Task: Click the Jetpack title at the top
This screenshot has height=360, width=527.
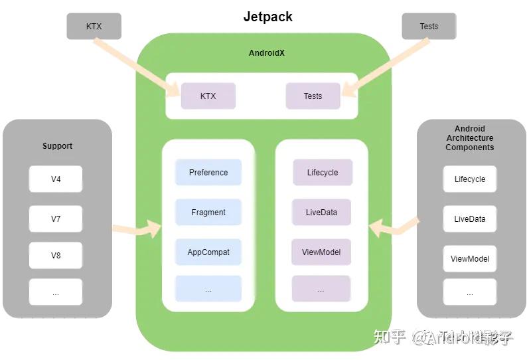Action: coord(267,17)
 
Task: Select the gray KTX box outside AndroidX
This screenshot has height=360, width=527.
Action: coord(94,26)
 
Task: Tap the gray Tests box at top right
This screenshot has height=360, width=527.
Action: coord(429,26)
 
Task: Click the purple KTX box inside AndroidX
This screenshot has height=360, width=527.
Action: coord(208,96)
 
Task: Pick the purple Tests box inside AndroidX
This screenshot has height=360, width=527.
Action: coord(313,96)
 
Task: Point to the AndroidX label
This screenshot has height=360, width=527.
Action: coord(266,52)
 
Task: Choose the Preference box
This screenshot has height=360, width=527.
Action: coord(208,172)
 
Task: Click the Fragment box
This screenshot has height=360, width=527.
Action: coord(208,212)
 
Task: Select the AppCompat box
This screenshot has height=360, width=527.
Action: coord(208,252)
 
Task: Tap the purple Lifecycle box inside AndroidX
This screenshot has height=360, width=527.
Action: coord(322,172)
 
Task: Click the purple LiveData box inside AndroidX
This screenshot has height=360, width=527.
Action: coord(321,212)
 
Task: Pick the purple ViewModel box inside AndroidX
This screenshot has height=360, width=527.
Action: coord(321,252)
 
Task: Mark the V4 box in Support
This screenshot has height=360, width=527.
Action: coord(56,179)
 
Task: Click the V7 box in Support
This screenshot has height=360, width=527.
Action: coord(56,219)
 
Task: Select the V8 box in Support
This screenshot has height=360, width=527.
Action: coord(56,255)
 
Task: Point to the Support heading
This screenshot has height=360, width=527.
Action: coord(57,145)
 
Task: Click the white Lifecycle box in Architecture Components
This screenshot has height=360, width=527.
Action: coord(469,179)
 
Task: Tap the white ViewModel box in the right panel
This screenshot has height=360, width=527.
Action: coord(469,258)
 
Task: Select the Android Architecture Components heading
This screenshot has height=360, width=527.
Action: coord(469,138)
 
